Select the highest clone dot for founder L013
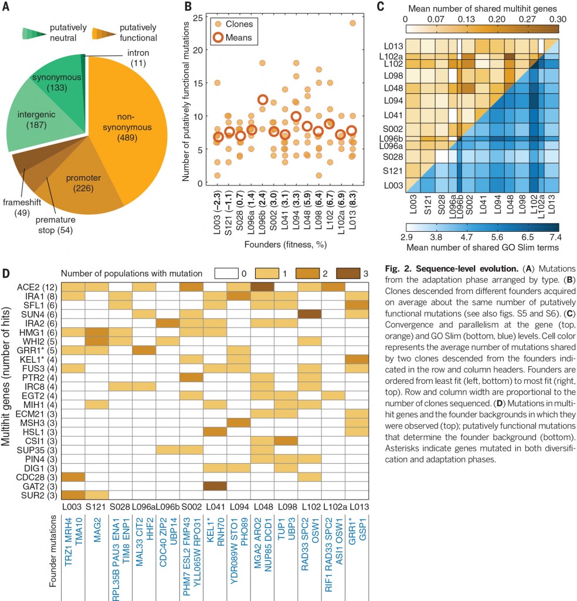click(x=352, y=23)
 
